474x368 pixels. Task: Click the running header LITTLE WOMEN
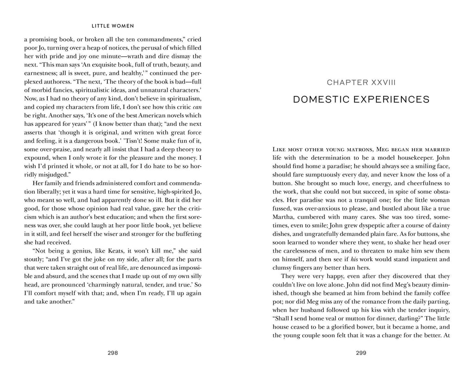coord(112,26)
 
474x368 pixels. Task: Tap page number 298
coord(112,352)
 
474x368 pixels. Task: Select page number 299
coord(362,352)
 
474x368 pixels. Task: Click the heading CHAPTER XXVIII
coord(362,82)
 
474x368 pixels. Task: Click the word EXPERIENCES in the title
coord(395,100)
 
